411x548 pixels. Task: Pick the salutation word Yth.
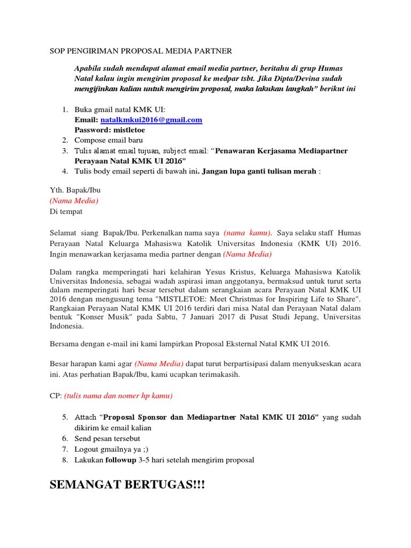click(56, 191)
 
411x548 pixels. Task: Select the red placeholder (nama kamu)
click(247, 233)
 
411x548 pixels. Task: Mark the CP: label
click(55, 396)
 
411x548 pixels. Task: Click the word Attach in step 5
click(86, 417)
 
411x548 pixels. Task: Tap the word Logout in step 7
click(87, 449)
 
